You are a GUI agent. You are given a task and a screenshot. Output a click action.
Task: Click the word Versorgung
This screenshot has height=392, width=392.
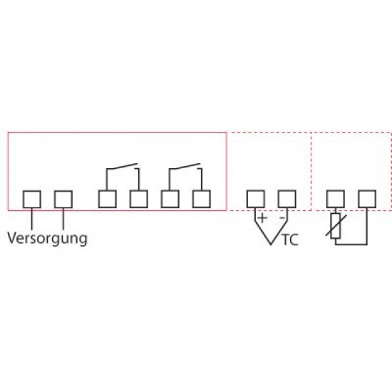pos(47,239)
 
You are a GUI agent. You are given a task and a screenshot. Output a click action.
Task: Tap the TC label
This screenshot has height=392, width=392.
pos(290,240)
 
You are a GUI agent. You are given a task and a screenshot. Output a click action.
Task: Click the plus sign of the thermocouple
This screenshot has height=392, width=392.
pos(262,218)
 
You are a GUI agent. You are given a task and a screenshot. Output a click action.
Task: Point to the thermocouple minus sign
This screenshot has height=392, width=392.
pos(282,218)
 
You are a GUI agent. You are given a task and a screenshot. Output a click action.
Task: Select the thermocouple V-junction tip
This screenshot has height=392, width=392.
pos(272,244)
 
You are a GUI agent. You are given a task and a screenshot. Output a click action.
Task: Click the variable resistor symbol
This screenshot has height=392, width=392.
pos(336,226)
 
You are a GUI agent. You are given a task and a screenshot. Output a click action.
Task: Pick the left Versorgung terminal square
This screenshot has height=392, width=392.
pos(32,200)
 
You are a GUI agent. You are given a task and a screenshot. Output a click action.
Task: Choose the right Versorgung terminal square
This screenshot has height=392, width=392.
pos(63,200)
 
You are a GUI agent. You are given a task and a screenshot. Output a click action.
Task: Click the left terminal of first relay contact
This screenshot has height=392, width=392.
pos(107,199)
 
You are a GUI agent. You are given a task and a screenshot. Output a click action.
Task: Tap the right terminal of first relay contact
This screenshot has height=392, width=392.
pos(139,199)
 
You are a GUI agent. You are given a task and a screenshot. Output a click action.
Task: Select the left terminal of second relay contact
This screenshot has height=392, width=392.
pos(170,199)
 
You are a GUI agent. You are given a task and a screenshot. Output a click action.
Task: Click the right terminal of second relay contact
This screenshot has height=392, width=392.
pos(202,199)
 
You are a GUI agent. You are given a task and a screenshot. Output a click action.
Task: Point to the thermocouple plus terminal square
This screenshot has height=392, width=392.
pos(255,199)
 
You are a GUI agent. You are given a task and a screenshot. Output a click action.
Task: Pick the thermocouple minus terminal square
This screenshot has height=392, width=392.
pos(287,199)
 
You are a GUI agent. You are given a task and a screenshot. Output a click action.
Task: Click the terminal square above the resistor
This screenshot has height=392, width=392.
pos(336,199)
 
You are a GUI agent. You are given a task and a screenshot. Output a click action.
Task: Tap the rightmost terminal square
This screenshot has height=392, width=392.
pos(367,199)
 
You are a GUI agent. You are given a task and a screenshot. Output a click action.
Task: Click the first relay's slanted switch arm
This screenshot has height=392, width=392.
pos(122,167)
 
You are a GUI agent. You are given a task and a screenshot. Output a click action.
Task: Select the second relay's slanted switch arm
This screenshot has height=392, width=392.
pos(185,167)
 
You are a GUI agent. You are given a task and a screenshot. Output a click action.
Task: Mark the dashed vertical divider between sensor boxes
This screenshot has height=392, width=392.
pos(311,172)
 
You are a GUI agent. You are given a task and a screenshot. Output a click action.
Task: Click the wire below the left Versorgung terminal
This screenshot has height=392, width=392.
pos(32,219)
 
